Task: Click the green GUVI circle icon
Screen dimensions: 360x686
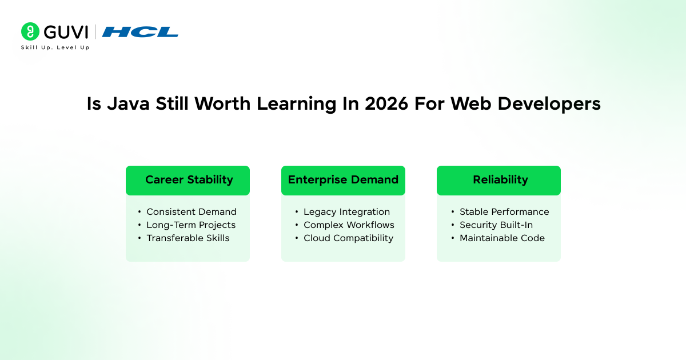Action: [x=30, y=31]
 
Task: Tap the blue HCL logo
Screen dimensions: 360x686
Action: [x=140, y=32]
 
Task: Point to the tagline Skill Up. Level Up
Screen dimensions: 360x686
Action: [x=55, y=47]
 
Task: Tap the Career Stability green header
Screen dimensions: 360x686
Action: [x=188, y=180]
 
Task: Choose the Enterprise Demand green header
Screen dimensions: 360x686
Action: [x=343, y=180]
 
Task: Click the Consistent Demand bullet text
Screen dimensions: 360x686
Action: [x=191, y=212]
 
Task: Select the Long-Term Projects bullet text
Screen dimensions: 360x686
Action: [x=190, y=225]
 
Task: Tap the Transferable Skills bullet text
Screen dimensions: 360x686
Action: [x=188, y=238]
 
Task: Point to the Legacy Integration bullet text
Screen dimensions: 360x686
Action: [x=346, y=212]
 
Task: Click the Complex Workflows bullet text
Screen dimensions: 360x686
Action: [x=349, y=225]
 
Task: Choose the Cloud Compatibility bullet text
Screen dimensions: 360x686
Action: [x=348, y=238]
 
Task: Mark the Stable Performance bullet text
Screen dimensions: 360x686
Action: [x=504, y=212]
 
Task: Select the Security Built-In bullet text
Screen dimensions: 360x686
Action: [x=496, y=225]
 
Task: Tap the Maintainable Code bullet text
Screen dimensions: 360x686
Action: [x=502, y=238]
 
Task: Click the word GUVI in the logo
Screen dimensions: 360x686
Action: [x=66, y=31]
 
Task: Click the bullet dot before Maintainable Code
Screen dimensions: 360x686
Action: [x=452, y=238]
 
